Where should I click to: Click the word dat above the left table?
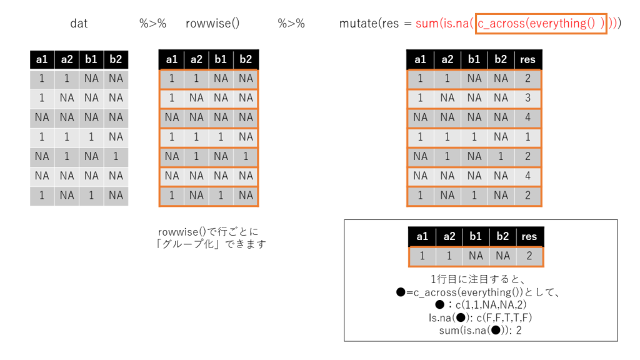[x=79, y=23]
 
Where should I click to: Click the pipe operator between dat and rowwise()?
[x=152, y=24]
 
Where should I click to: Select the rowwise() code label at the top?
[x=212, y=24]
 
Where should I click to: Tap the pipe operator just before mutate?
[x=291, y=24]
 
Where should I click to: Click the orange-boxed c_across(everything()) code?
[x=541, y=24]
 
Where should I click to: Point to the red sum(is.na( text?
[x=444, y=24]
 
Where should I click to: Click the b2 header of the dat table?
[x=116, y=59]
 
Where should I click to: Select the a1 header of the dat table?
[x=42, y=59]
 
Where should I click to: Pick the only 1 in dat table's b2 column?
[x=116, y=156]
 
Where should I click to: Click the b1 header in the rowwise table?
[x=221, y=59]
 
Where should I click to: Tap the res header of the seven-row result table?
[x=527, y=59]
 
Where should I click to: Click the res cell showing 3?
[x=527, y=98]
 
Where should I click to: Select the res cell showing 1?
[x=527, y=137]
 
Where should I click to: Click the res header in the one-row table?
[x=529, y=237]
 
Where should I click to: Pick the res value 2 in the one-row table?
[x=529, y=256]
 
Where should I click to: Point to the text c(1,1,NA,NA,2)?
[x=491, y=305]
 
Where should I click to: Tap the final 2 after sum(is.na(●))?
[x=519, y=331]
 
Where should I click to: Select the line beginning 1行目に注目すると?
[x=477, y=279]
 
